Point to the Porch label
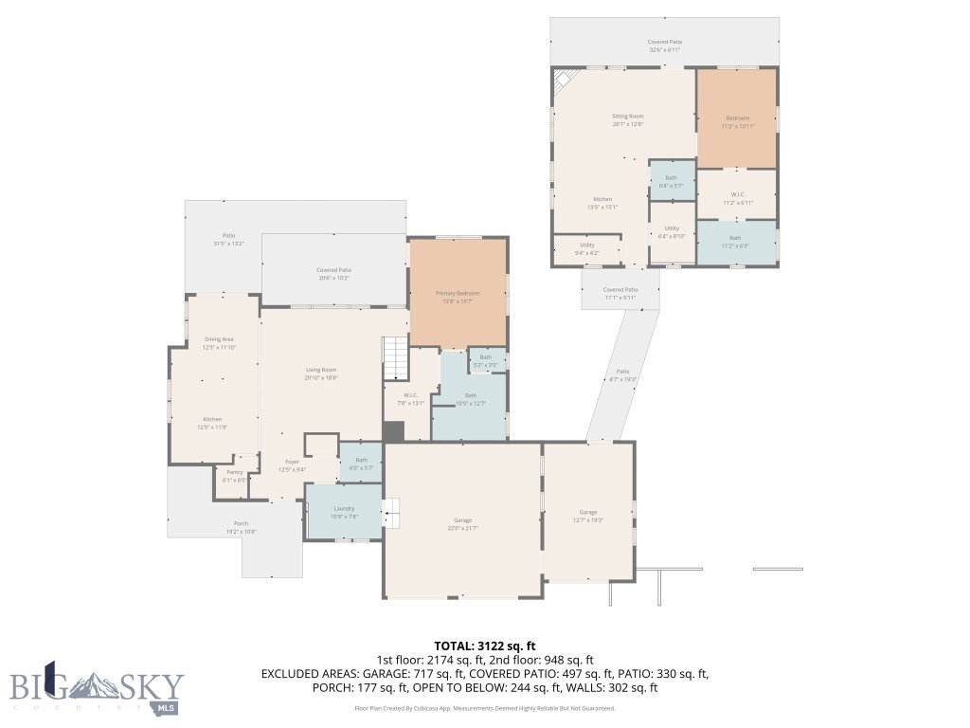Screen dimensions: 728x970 pos(242,527)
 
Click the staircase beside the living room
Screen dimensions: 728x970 pos(395,358)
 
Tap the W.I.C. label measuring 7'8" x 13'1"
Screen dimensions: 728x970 pos(411,398)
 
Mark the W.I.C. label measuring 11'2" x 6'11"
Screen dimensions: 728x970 pos(737,198)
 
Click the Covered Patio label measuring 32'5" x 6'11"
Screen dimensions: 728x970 pos(665,45)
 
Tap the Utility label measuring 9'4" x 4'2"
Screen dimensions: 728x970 pos(587,248)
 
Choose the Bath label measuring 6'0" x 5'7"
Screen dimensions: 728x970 pos(361,463)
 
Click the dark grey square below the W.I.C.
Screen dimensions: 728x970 pos(393,430)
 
